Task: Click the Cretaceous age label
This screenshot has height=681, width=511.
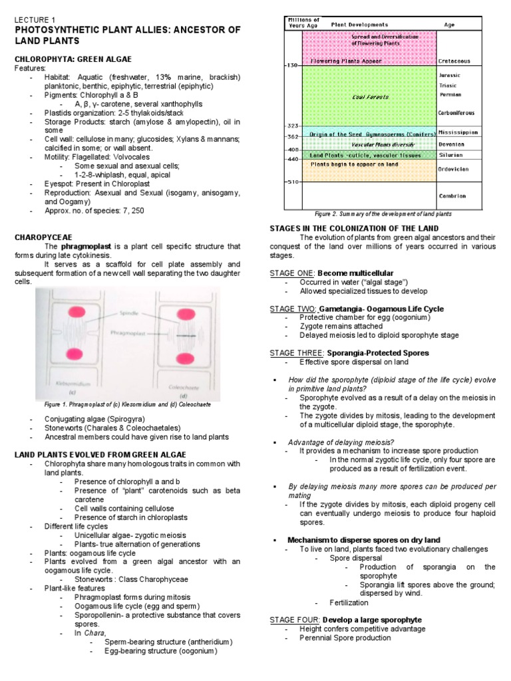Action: [x=454, y=61]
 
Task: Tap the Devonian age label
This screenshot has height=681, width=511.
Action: [x=452, y=144]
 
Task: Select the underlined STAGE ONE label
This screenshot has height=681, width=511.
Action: [x=292, y=273]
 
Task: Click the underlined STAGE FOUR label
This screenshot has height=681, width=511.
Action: [x=293, y=620]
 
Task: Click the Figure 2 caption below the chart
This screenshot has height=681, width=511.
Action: [x=383, y=214]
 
